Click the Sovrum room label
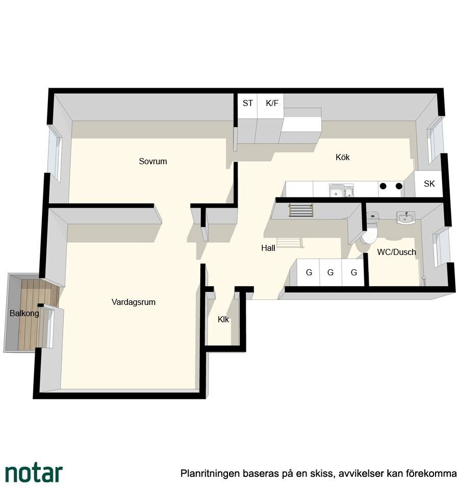click(x=153, y=161)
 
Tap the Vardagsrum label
click(x=134, y=302)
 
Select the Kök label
click(x=343, y=157)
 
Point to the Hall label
click(x=268, y=248)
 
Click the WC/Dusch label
click(x=396, y=252)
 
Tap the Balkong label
click(x=24, y=313)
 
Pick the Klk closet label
click(x=223, y=319)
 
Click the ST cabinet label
click(x=247, y=103)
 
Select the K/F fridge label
click(x=272, y=103)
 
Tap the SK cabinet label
click(x=429, y=184)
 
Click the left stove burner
click(x=383, y=186)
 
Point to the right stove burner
click(x=399, y=186)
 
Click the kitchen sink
click(x=341, y=190)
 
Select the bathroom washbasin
click(x=405, y=217)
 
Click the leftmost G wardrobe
click(x=309, y=272)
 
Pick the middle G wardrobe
click(x=330, y=272)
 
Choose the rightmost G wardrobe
click(x=353, y=272)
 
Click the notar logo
click(x=34, y=473)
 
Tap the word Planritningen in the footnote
click(x=210, y=474)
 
